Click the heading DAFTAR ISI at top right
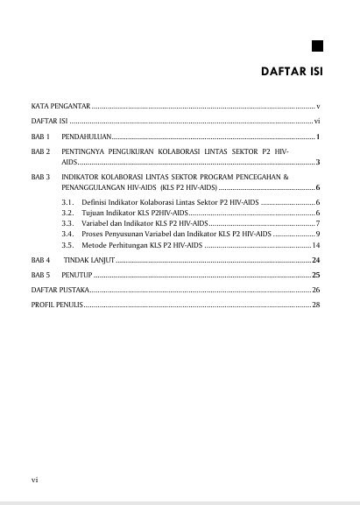pyautogui.click(x=293, y=71)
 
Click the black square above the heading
pyautogui.click(x=317, y=46)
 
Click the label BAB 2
pyautogui.click(x=40, y=151)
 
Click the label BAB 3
pyautogui.click(x=40, y=177)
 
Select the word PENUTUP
pyautogui.click(x=77, y=275)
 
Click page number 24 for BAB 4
pyautogui.click(x=315, y=261)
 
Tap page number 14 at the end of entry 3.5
pyautogui.click(x=315, y=245)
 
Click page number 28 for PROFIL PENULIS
pyautogui.click(x=315, y=304)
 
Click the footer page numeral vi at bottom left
pyautogui.click(x=34, y=479)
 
